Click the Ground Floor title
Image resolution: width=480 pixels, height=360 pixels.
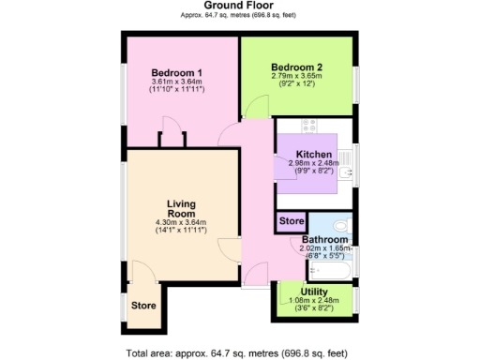coord(239,7)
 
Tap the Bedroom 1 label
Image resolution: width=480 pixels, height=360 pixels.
coord(177,74)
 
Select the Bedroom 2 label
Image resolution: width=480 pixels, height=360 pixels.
coord(296,67)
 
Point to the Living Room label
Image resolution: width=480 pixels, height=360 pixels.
coord(180,209)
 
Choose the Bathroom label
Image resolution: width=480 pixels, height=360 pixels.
coord(324,240)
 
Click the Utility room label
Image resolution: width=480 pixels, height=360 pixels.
coord(314,292)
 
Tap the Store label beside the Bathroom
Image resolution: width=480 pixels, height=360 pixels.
coord(292,221)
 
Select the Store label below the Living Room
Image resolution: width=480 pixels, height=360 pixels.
coord(142,305)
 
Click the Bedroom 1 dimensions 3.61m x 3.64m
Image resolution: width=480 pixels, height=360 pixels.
coord(177,84)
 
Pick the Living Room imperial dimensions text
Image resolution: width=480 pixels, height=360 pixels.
coord(180,230)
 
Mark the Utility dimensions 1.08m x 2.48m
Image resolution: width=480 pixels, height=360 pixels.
coord(314,301)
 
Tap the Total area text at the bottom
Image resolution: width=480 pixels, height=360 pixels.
coord(239,352)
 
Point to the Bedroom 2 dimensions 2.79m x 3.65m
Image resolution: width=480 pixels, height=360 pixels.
coord(296,78)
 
